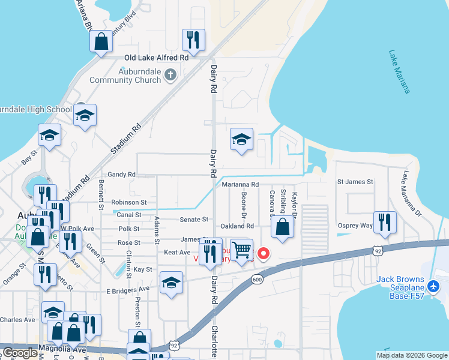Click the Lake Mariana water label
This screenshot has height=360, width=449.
(399, 71)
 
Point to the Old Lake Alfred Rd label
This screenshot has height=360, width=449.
(156, 58)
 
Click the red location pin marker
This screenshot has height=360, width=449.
(263, 254)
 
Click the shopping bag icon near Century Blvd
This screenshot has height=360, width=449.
(101, 42)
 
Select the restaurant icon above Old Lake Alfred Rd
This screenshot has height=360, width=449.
(193, 40)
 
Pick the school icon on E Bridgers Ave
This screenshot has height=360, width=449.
(171, 282)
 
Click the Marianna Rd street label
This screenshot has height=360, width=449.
(240, 185)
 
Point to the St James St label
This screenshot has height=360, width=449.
(355, 181)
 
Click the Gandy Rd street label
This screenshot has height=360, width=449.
(122, 174)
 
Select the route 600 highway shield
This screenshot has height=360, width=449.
(257, 279)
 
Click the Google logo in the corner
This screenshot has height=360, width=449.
(20, 353)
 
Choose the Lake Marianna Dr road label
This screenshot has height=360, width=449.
(412, 193)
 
